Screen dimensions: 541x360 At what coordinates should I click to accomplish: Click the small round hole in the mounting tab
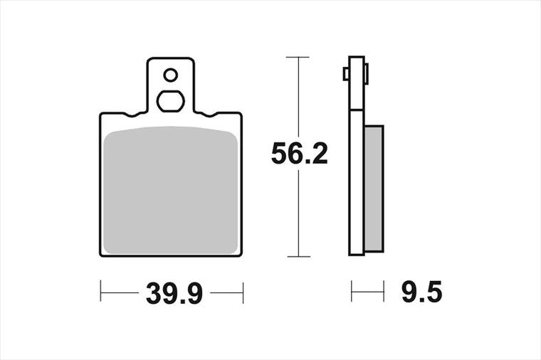[170, 75]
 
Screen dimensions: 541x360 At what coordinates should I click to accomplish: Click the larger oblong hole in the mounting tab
[170, 101]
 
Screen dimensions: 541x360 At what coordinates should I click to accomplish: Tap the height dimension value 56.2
[299, 154]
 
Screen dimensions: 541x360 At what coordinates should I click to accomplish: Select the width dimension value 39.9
[174, 293]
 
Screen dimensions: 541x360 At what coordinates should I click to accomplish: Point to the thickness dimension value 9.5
[421, 292]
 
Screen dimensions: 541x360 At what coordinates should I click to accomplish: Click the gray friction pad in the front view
[170, 190]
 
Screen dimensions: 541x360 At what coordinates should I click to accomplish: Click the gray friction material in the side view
[374, 189]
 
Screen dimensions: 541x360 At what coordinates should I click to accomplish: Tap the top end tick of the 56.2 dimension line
[298, 57]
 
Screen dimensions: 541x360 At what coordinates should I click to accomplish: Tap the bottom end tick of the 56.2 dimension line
[298, 257]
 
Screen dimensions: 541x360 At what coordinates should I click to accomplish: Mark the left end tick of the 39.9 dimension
[100, 291]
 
